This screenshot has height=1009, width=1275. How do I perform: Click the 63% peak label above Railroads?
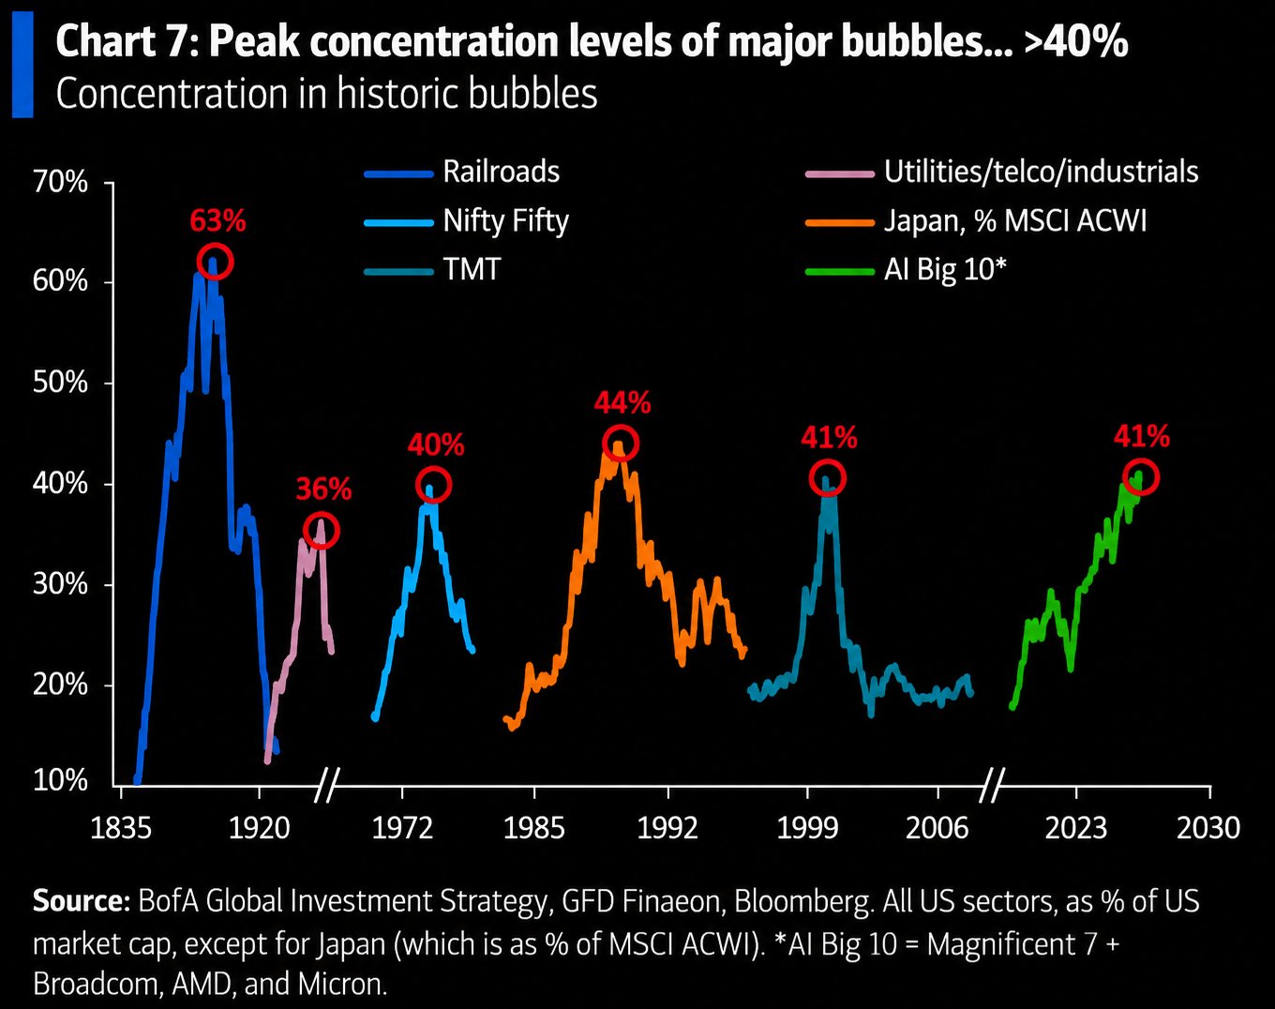pos(217,220)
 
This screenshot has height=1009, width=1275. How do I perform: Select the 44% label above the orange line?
pos(622,402)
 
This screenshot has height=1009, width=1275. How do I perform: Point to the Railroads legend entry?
pos(462,172)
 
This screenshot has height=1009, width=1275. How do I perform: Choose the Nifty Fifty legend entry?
pos(466,221)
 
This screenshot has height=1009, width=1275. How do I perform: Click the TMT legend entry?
pos(432,270)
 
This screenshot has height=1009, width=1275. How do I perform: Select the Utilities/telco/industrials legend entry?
pos(1002,172)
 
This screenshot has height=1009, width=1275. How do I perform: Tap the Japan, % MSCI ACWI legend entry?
pos(976,221)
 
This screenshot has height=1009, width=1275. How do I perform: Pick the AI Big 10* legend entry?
pos(906,270)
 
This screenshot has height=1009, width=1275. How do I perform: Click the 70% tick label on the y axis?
pos(60,181)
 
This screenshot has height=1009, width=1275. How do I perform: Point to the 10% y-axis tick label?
pos(60,780)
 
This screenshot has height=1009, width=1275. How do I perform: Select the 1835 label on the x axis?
pos(121,828)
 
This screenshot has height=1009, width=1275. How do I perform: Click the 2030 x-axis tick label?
pos(1208,828)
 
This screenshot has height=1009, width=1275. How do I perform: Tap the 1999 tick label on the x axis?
pos(807,828)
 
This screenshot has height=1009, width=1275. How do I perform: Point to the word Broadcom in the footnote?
pos(96,984)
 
